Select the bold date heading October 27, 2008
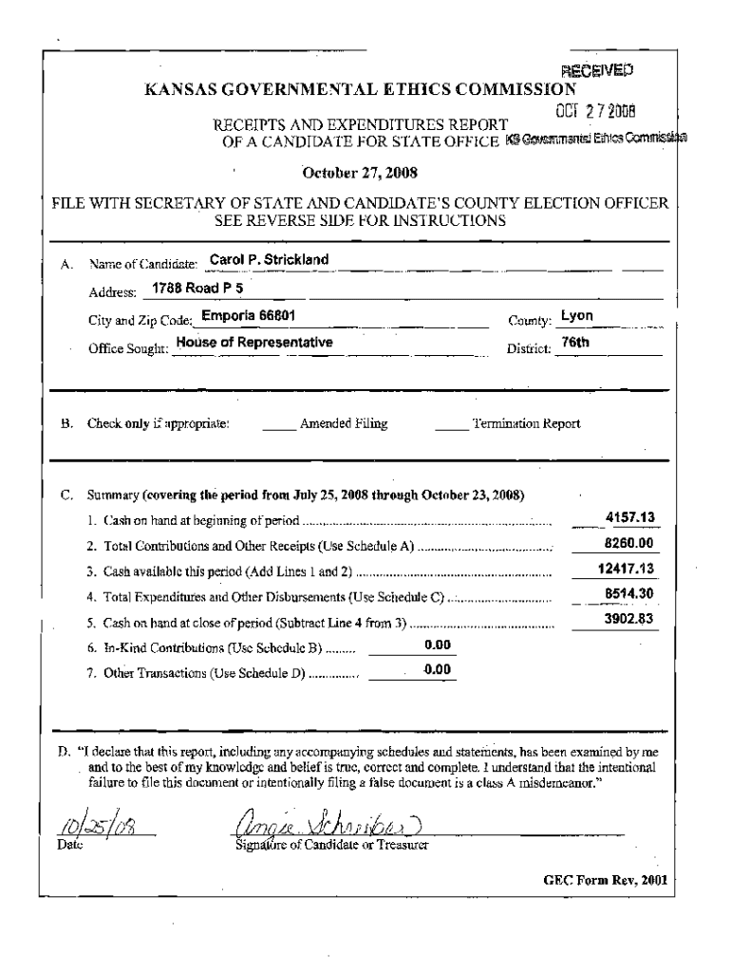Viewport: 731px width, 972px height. pyautogui.click(x=359, y=173)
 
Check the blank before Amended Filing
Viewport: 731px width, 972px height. pyautogui.click(x=278, y=424)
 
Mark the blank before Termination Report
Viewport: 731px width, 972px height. pyautogui.click(x=452, y=424)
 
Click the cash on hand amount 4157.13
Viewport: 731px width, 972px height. pyautogui.click(x=631, y=518)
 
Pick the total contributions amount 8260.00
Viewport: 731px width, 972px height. pyautogui.click(x=631, y=544)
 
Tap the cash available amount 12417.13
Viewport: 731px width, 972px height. pyautogui.click(x=628, y=570)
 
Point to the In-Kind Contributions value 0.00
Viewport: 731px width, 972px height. pyautogui.click(x=437, y=645)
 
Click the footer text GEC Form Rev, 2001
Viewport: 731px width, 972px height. pyautogui.click(x=605, y=880)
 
